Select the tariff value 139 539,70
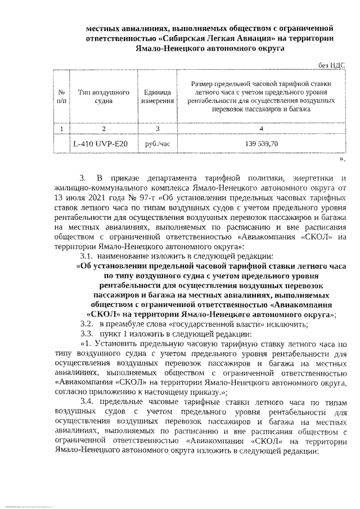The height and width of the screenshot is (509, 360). click(260, 144)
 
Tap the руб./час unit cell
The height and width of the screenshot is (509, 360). click(157, 144)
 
